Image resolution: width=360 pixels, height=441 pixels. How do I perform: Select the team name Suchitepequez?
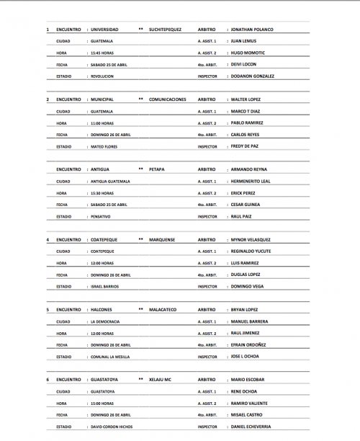(x=166, y=30)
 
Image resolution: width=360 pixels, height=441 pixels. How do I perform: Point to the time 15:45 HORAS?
(x=102, y=53)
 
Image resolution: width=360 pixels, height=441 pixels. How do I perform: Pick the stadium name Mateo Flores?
(x=104, y=146)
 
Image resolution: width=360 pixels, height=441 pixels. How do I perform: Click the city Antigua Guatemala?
(x=110, y=181)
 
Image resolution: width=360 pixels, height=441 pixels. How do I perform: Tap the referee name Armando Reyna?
(x=250, y=169)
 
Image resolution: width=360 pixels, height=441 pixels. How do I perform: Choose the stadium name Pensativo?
(x=102, y=216)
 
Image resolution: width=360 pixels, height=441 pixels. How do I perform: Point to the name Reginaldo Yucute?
(x=251, y=251)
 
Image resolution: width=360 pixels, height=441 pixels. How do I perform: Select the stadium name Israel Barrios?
(x=105, y=286)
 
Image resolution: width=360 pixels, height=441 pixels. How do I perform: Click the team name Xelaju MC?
(x=160, y=380)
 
